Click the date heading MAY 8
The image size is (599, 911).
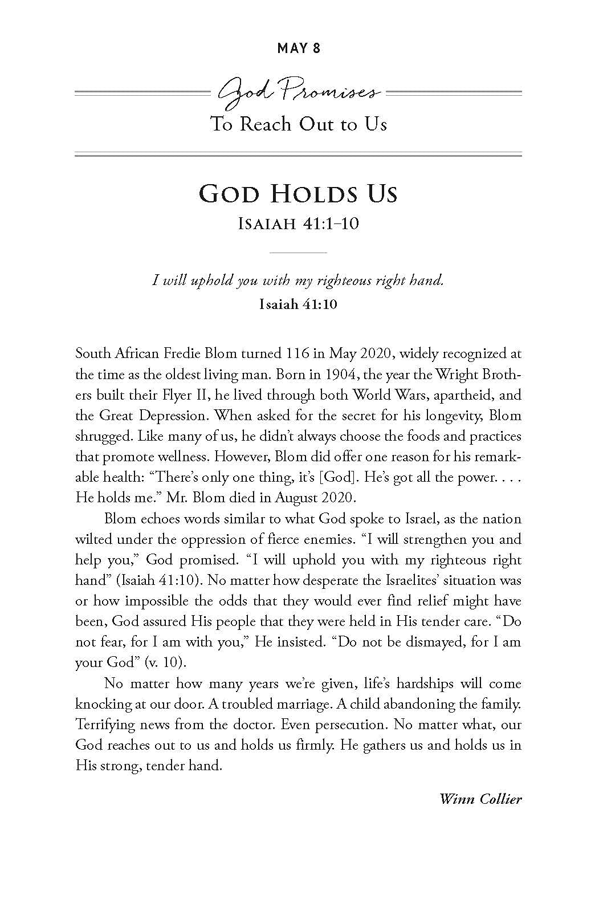(299, 48)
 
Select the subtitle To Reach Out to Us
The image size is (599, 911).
(299, 124)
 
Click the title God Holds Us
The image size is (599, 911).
(298, 194)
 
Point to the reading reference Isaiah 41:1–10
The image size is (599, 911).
(298, 223)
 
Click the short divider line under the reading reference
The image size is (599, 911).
(298, 252)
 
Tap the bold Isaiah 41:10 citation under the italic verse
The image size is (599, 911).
(298, 304)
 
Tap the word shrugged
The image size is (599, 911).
(102, 437)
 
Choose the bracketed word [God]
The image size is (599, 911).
(338, 477)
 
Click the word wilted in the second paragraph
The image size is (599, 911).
(92, 539)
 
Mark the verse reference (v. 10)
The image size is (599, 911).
(168, 662)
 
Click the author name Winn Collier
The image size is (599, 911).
(480, 799)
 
